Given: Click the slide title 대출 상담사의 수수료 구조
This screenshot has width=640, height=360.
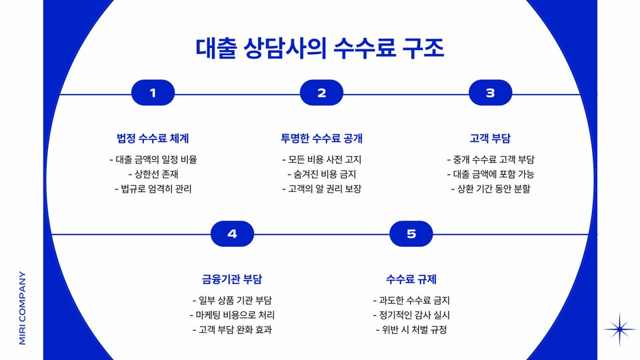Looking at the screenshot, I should [x=320, y=49].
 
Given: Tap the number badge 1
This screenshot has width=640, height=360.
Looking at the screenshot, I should [x=153, y=93].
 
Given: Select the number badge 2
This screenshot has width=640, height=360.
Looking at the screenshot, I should [x=321, y=93].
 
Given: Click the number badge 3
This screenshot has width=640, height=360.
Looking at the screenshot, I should [x=490, y=93].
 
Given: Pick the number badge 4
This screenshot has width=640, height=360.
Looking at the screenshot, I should [x=232, y=234].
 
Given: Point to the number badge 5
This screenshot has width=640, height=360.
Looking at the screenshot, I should [x=411, y=234].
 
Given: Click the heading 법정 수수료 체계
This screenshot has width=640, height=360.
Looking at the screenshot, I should [x=153, y=139].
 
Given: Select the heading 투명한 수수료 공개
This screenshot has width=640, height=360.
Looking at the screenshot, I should [x=321, y=139].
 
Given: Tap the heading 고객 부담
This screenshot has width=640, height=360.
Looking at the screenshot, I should [x=490, y=139].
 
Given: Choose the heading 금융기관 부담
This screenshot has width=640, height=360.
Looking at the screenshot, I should [x=232, y=279].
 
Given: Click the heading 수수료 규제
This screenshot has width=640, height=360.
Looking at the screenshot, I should [x=411, y=279].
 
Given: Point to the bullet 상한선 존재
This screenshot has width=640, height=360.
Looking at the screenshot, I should [x=153, y=174].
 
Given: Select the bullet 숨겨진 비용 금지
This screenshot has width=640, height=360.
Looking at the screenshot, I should [x=321, y=174].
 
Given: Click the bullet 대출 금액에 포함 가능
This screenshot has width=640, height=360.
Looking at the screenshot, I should [x=490, y=174].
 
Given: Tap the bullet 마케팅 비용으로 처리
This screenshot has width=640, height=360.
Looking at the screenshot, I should [x=232, y=315].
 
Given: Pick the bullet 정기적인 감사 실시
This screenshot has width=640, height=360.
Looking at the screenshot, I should [x=411, y=315].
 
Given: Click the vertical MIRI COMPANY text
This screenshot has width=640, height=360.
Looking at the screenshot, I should [x=22, y=307].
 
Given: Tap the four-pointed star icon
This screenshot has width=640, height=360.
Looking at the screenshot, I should [x=619, y=329].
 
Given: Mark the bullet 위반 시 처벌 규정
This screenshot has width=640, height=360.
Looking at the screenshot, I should [x=411, y=329].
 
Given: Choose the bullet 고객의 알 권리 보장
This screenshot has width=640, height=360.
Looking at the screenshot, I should [x=321, y=189].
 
